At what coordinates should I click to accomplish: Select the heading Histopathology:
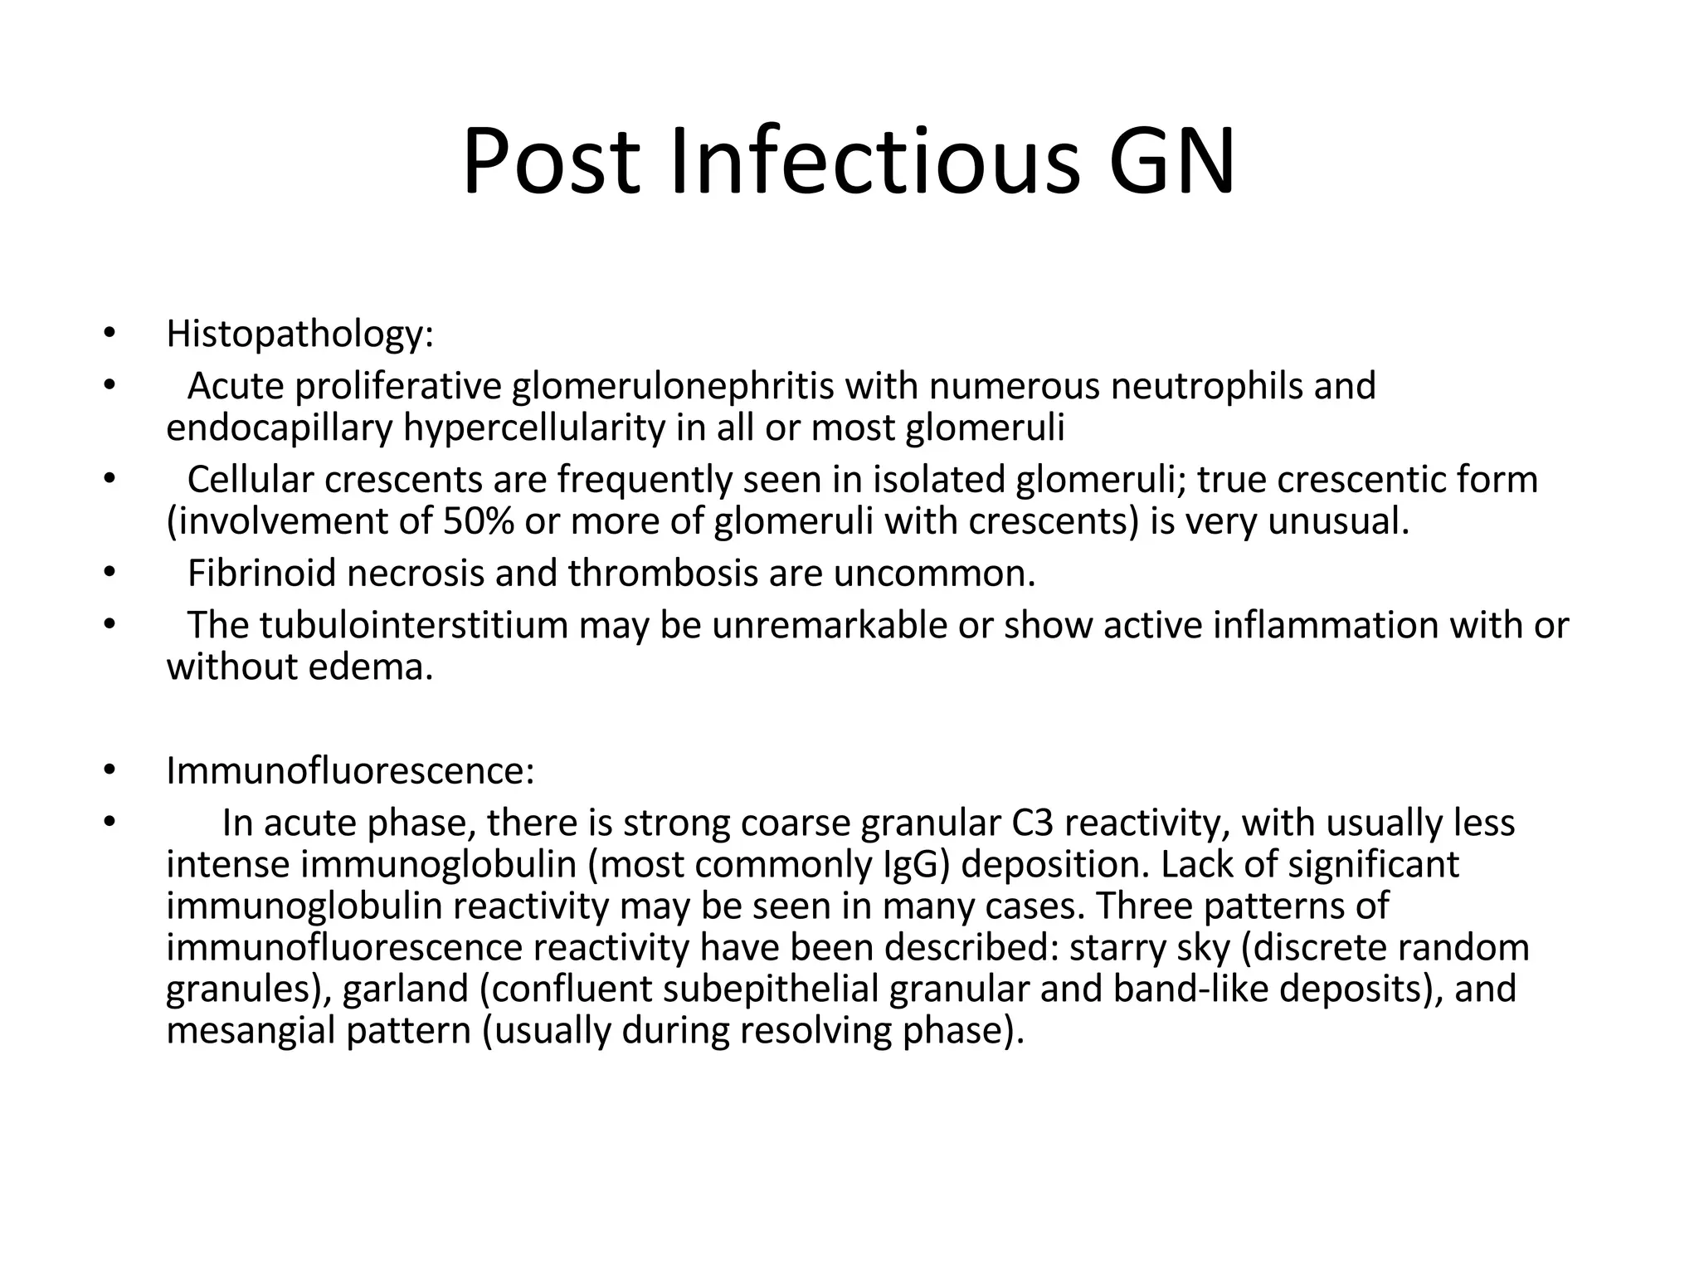pyautogui.click(x=300, y=334)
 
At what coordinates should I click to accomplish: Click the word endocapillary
pyautogui.click(x=279, y=427)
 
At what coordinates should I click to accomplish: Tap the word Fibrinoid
pyautogui.click(x=261, y=574)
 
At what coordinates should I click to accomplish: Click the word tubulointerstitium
pyautogui.click(x=413, y=625)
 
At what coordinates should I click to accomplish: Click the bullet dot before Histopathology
pyautogui.click(x=108, y=335)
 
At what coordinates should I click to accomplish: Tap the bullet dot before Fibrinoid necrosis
pyautogui.click(x=108, y=574)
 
